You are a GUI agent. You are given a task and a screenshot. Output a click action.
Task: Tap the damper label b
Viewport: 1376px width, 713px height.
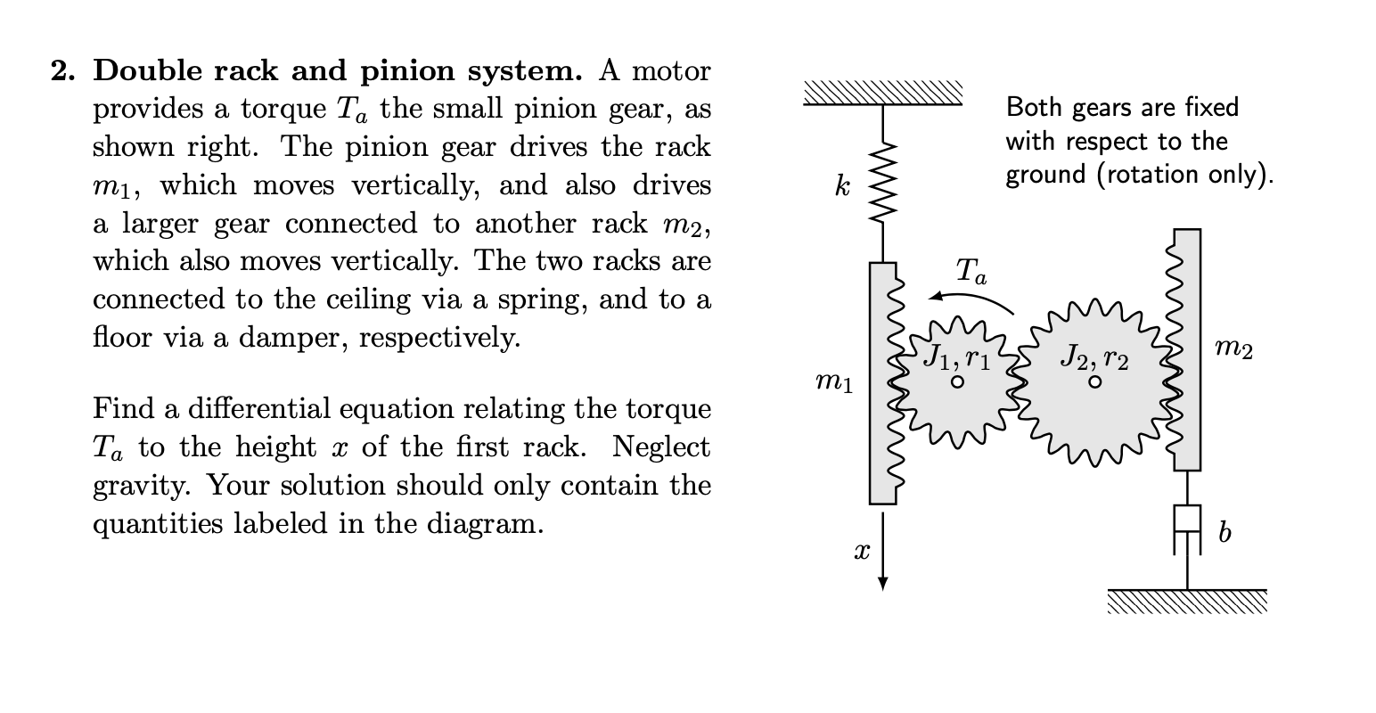pos(1225,532)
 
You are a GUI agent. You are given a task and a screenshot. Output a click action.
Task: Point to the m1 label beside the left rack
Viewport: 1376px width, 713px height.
pos(834,383)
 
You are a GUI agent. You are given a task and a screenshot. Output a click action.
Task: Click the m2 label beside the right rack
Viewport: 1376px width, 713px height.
pos(1234,350)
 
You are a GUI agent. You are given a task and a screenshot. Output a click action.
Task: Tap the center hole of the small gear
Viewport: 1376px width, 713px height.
pos(956,382)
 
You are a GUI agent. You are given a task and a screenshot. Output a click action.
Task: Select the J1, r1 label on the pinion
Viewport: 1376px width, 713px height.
pos(955,357)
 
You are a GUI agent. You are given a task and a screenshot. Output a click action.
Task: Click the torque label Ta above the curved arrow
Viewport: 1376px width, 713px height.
pos(971,271)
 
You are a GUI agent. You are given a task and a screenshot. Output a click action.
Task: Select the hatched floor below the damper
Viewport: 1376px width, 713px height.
pos(1186,602)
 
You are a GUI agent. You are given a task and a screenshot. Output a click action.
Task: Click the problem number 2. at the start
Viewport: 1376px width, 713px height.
pos(62,70)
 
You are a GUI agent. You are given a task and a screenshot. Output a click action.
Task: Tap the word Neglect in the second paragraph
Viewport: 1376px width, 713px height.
pos(662,447)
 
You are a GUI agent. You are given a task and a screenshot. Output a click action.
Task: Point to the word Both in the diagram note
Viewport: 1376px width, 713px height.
pos(1035,108)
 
